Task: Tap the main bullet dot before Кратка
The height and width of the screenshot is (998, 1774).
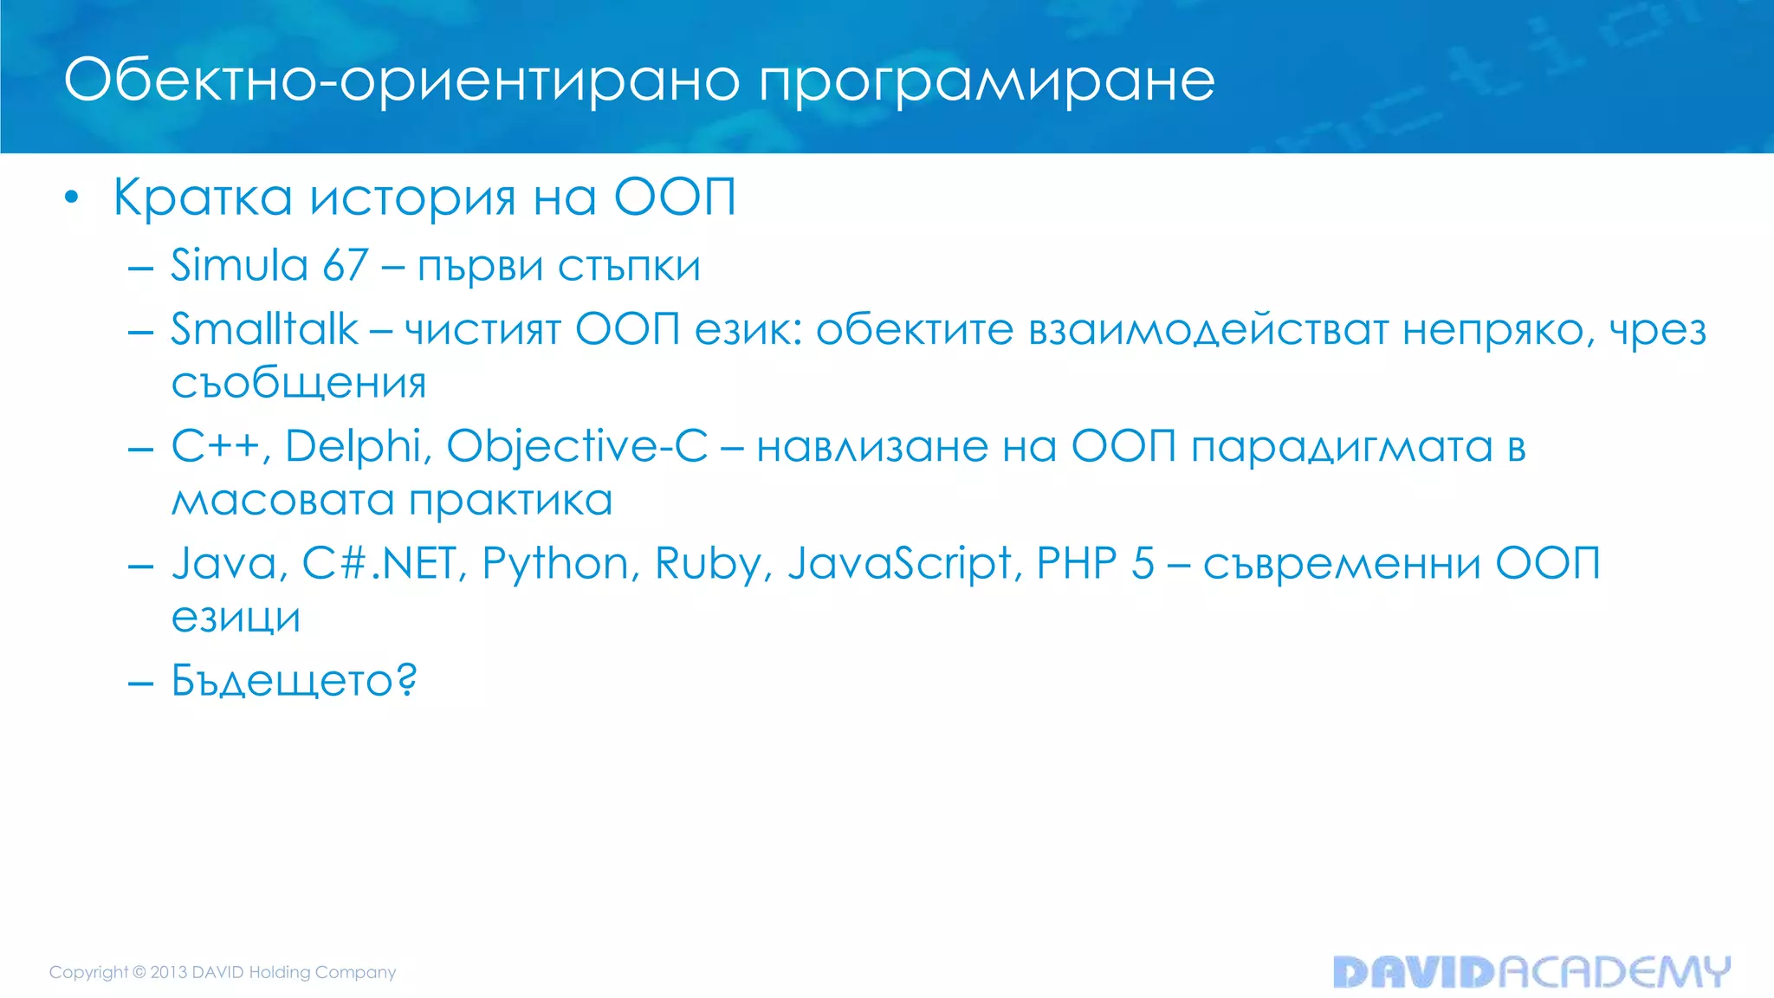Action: (72, 198)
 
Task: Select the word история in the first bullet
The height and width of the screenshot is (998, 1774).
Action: (412, 198)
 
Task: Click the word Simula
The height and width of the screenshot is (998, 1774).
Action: (239, 265)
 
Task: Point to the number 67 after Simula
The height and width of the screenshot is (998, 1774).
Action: (345, 265)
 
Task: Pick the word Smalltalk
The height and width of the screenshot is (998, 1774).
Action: (264, 330)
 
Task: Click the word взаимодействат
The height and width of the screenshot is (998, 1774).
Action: (1208, 330)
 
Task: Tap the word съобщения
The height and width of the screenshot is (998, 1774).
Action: (299, 383)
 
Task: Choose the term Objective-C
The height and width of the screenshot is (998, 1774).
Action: (577, 447)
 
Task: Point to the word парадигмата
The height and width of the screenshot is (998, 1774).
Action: (1341, 447)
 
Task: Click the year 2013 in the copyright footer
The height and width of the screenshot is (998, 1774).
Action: (169, 972)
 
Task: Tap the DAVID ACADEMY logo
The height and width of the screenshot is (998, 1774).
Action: (1531, 972)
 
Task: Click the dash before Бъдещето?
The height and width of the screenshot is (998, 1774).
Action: (140, 683)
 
